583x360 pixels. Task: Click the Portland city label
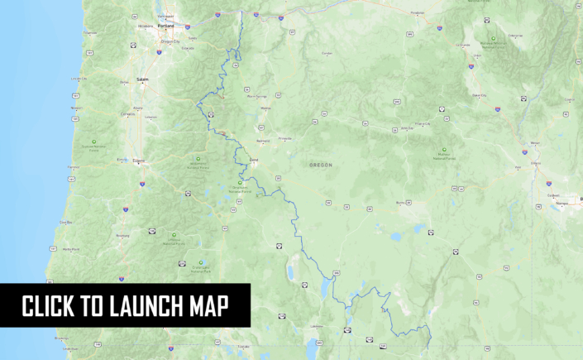click(x=167, y=24)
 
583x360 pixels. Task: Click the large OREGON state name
click(x=321, y=165)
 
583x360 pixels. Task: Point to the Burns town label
click(x=401, y=203)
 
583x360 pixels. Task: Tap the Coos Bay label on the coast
click(x=65, y=222)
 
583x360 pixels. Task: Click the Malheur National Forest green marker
click(x=445, y=150)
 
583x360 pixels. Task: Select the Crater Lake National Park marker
click(x=200, y=262)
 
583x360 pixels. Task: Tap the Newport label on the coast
click(x=77, y=108)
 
